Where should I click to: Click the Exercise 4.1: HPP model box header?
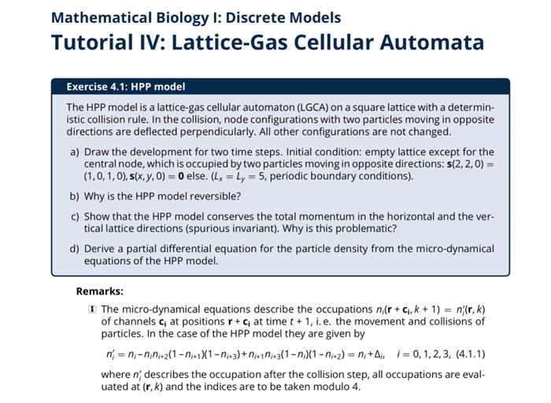125,87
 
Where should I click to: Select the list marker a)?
75,152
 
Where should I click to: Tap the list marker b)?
75,196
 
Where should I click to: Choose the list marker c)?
75,216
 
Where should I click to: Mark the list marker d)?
75,249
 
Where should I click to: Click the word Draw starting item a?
98,152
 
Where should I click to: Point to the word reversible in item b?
214,196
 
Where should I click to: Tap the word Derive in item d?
100,249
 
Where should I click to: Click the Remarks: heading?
99,291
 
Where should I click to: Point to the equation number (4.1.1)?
471,353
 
